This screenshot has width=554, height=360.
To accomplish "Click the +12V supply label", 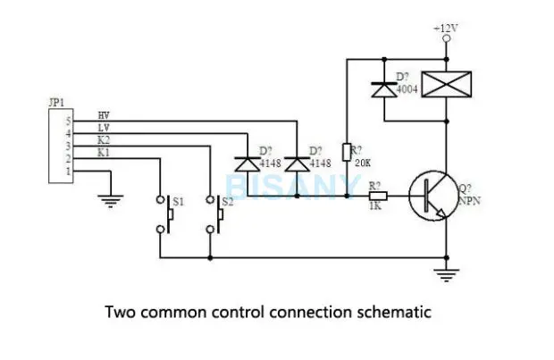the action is [446, 29].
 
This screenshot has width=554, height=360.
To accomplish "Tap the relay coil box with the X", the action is [447, 84].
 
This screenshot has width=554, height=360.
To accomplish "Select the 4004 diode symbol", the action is [384, 89].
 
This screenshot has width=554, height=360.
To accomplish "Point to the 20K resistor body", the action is [347, 152].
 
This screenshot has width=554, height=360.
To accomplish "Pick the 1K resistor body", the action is [378, 196].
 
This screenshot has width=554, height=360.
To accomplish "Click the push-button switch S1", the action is [165, 214].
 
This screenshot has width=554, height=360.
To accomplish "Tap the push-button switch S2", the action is [215, 214].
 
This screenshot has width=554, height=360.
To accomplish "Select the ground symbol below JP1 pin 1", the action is [111, 201].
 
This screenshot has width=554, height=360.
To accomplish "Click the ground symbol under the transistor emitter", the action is [447, 275].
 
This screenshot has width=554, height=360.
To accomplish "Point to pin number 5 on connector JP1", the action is [69, 121].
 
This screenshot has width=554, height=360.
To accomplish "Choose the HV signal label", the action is [104, 115].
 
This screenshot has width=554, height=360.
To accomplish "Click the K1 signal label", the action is [104, 153].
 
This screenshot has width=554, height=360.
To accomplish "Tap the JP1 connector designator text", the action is [56, 103].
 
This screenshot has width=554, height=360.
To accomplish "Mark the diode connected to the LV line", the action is [248, 164].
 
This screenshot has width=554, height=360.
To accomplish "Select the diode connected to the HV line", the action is [298, 164].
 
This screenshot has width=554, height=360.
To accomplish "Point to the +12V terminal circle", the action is [447, 38].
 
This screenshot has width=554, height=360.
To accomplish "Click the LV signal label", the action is [104, 128].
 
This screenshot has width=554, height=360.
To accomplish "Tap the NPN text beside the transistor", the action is [470, 201].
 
